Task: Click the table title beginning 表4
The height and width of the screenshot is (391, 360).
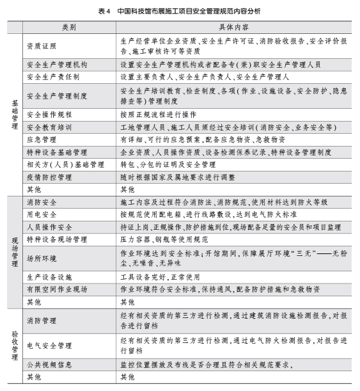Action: [x=180, y=11]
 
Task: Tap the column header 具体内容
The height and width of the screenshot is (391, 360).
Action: [x=234, y=29]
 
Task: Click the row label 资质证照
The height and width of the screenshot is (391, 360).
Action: [x=42, y=46]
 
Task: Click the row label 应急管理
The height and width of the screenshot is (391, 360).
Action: [x=42, y=139]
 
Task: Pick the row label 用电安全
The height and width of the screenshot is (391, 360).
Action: [x=42, y=214]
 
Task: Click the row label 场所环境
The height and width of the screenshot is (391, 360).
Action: [x=42, y=258]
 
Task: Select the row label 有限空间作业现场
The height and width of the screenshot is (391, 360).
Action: [x=58, y=289]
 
